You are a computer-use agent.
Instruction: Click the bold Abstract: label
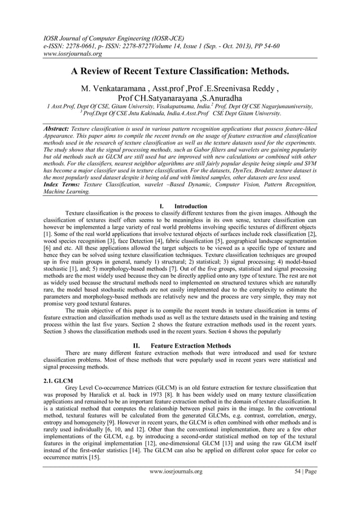click(57, 129)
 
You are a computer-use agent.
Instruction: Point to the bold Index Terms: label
click(62, 185)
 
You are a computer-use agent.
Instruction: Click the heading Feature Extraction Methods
click(191, 345)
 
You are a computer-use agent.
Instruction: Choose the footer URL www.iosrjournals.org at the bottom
click(175, 471)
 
